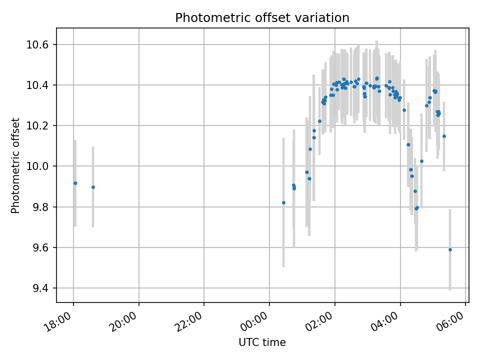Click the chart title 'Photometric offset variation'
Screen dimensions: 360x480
pos(262,18)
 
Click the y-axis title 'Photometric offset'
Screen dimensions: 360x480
pos(15,165)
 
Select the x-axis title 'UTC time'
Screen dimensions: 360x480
pos(262,342)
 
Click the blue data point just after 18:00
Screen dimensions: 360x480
pos(75,183)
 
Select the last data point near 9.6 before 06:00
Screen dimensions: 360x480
pos(450,249)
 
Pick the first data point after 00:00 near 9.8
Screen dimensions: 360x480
pos(283,202)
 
